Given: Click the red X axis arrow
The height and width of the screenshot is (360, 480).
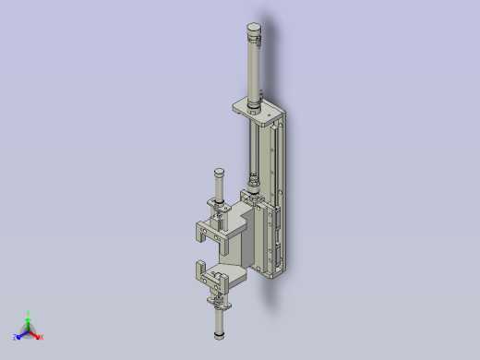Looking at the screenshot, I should [35, 335].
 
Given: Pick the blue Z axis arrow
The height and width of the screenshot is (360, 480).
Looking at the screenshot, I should [20, 335].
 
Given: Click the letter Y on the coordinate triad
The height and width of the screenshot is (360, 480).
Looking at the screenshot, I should [29, 313].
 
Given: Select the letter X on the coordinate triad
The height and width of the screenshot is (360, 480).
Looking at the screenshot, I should [42, 337].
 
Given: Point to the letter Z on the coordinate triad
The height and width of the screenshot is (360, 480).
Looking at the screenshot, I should [15, 338].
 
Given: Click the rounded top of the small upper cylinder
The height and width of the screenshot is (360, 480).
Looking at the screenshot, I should [219, 173].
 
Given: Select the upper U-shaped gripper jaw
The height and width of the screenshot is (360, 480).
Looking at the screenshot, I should [210, 230].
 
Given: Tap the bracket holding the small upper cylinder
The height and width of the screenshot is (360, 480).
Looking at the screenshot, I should [220, 213].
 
